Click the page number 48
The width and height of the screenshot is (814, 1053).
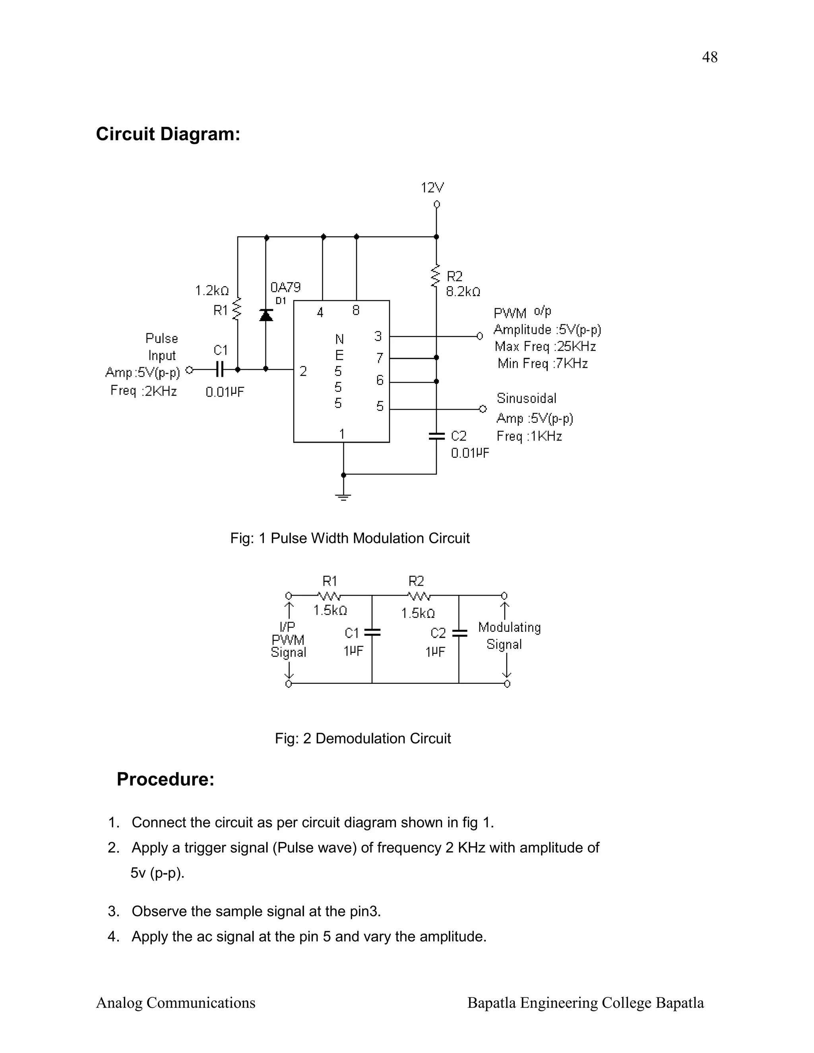click(709, 57)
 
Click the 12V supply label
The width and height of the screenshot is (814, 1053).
click(432, 188)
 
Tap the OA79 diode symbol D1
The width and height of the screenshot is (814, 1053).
click(266, 315)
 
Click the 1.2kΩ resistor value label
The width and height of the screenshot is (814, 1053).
click(212, 291)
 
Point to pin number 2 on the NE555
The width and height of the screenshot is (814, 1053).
click(303, 371)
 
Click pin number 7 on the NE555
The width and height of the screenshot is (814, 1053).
click(380, 358)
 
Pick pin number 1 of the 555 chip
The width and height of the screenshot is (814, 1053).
click(342, 434)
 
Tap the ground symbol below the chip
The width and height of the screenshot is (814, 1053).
click(343, 497)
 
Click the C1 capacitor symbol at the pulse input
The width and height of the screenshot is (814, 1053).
click(219, 370)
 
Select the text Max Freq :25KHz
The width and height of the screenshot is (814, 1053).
click(545, 346)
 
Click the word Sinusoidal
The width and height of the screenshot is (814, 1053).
click(526, 398)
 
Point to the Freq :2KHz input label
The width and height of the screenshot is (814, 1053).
click(143, 391)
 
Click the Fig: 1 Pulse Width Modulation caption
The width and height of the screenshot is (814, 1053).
click(350, 538)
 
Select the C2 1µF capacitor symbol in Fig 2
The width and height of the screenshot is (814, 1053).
click(459, 633)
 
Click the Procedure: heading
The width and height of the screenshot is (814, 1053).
click(165, 780)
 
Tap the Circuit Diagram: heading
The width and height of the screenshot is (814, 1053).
click(168, 134)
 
